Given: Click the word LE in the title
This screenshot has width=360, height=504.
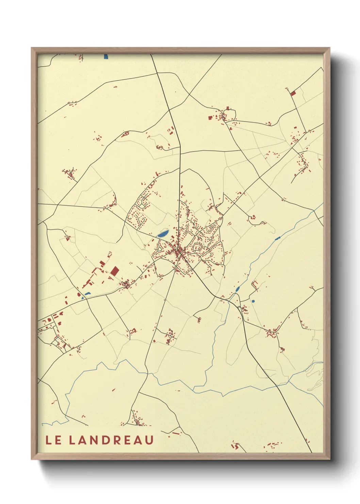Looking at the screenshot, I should click(54, 440).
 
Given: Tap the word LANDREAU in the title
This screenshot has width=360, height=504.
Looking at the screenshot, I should click(111, 440).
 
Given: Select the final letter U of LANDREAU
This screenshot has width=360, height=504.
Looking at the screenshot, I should click(149, 440).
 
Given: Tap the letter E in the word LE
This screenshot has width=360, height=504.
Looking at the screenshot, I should click(58, 440).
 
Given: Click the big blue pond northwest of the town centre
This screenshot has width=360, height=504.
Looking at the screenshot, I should click(163, 234).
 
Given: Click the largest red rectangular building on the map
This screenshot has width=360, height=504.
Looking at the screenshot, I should click(115, 271).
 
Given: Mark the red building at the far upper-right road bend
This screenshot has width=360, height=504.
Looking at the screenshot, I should click(293, 93).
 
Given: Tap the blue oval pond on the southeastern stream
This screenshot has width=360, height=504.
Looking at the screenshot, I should click(237, 289).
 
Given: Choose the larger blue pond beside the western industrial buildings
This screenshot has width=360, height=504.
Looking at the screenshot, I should click(87, 294).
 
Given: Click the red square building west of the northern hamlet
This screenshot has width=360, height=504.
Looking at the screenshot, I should click(210, 118).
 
